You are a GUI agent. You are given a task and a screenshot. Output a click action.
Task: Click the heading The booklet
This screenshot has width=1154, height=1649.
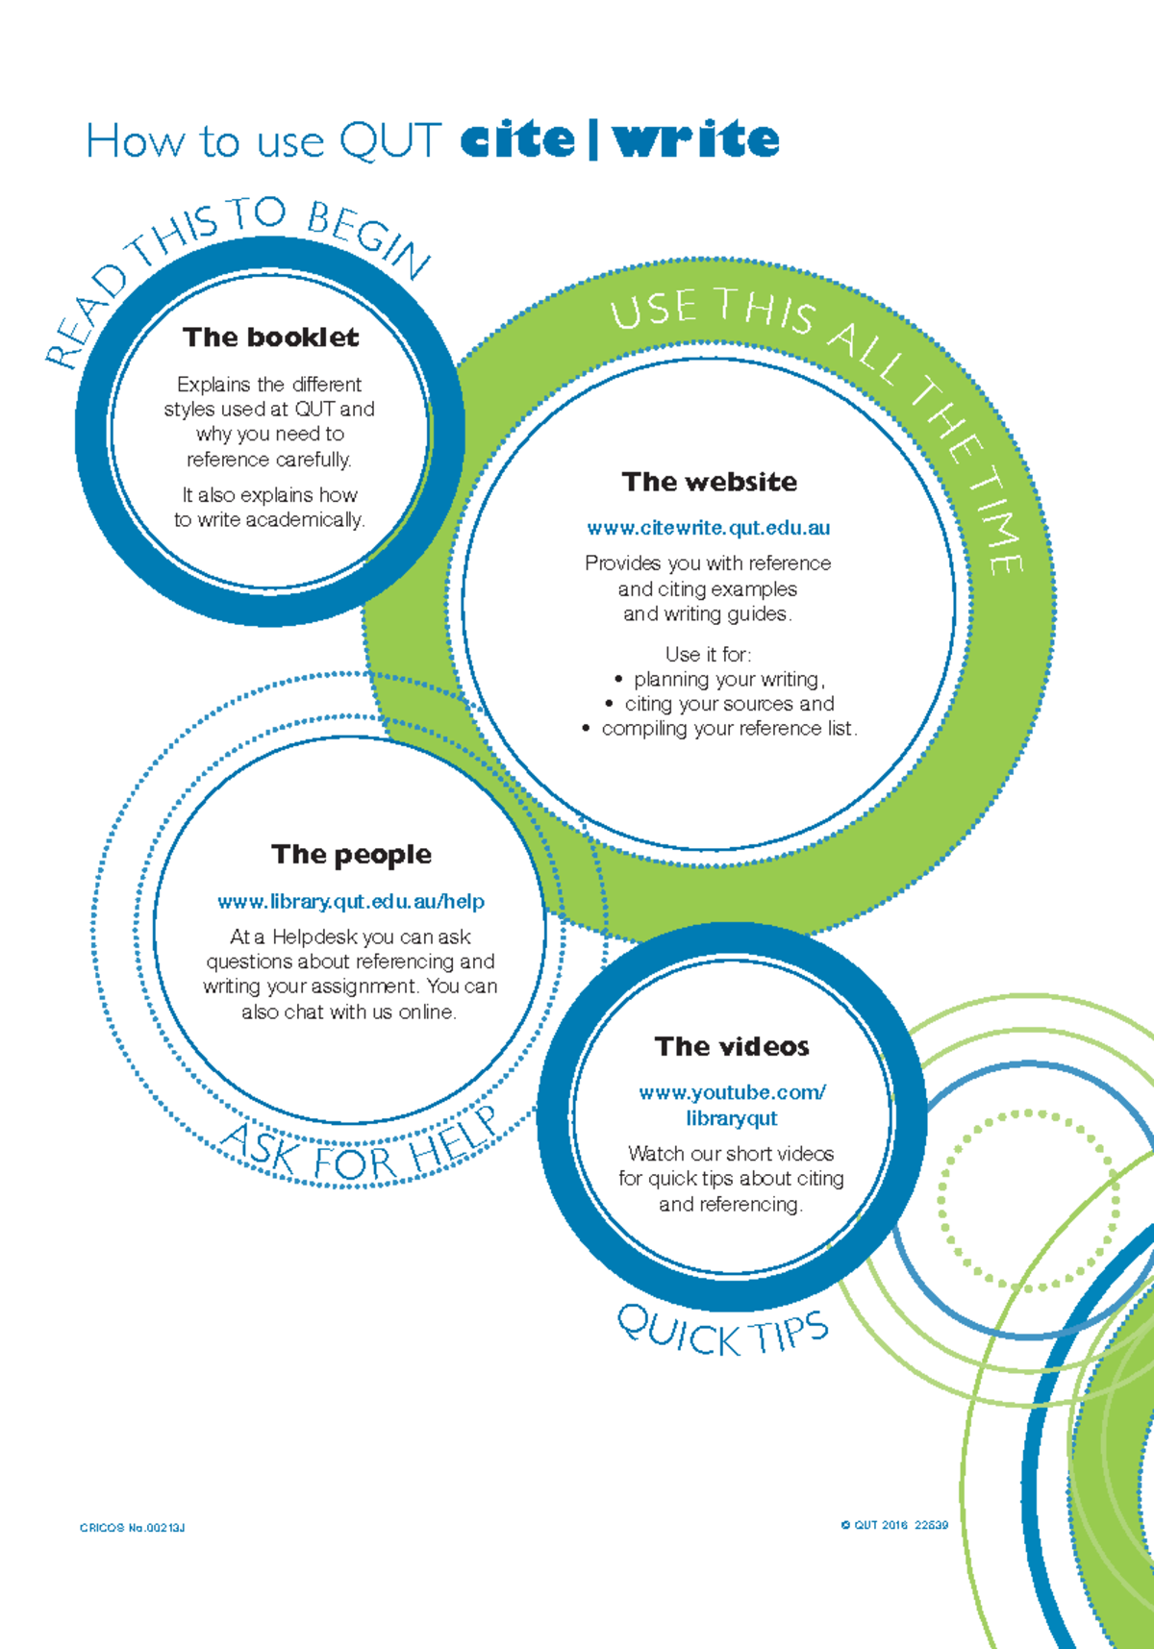(271, 337)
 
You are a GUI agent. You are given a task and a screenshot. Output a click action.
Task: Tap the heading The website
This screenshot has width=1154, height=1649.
(710, 482)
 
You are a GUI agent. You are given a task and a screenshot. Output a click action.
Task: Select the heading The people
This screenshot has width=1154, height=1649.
(351, 855)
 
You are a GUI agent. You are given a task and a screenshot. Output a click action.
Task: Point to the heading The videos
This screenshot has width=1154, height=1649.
(732, 1046)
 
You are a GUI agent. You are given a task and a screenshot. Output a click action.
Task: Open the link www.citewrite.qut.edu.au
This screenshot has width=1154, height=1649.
(709, 528)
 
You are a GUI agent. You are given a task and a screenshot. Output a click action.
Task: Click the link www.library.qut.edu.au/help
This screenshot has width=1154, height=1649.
(351, 902)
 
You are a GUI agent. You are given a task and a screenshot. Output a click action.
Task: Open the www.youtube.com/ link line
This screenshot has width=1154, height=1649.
(732, 1093)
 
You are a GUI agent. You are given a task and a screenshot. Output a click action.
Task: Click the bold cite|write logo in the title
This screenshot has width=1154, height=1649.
(619, 140)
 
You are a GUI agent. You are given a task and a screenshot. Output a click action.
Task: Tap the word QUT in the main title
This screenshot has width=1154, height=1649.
(390, 141)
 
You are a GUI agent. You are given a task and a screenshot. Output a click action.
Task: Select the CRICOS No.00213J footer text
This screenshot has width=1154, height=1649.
(133, 1528)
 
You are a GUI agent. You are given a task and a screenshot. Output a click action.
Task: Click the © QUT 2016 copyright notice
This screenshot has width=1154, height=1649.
(894, 1525)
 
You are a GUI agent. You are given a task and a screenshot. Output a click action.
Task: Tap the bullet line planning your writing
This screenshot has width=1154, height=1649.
(728, 680)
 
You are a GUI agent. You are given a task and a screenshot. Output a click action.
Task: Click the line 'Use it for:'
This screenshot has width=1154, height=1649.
(708, 655)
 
